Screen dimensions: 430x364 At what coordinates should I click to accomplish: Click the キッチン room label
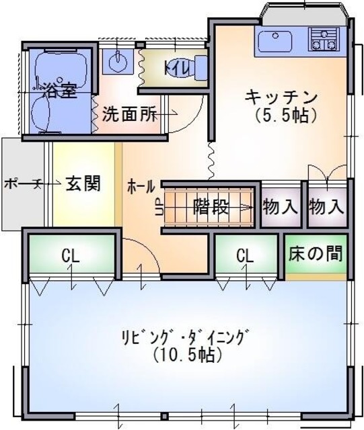[281, 96]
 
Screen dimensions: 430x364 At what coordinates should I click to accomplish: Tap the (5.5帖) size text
[285, 115]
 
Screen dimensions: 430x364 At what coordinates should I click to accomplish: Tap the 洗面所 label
[129, 114]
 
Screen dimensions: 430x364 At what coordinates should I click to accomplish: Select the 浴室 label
[60, 90]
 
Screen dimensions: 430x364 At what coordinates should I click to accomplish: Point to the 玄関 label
[83, 183]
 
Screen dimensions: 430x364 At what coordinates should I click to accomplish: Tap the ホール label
[141, 186]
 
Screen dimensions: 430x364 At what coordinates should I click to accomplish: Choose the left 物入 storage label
[280, 206]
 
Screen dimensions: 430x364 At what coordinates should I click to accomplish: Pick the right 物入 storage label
[326, 206]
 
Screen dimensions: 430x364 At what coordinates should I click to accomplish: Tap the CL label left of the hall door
[71, 255]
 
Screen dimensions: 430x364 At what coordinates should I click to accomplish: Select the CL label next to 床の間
[245, 255]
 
